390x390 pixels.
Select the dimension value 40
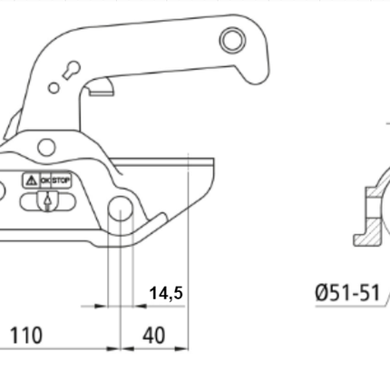tap(154, 336)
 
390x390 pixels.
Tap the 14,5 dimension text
tap(166, 293)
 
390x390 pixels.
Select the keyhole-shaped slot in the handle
tap(68, 71)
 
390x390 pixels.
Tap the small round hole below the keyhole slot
tap(54, 88)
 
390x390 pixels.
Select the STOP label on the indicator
tap(61, 180)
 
